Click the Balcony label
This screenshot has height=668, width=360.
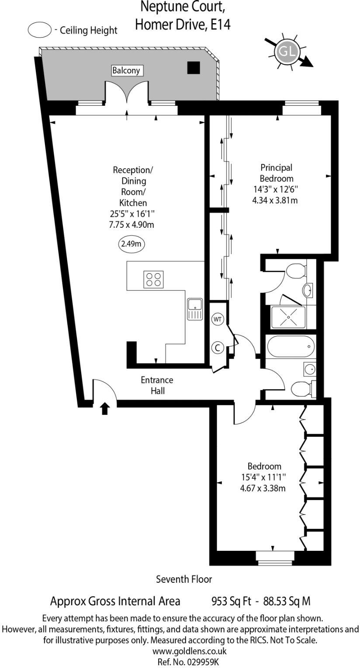tap(126, 70)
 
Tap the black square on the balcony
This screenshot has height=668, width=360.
tap(193, 67)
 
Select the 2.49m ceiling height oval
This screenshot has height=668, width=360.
tap(132, 244)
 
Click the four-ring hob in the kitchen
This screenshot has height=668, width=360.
tap(153, 279)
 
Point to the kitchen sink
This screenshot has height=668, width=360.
tap(195, 309)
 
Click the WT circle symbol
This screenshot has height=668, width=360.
tap(218, 320)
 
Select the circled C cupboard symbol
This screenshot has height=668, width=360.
tap(218, 348)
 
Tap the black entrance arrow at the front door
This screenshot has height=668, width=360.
tap(104, 408)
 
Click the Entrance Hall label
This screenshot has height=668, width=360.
tap(157, 385)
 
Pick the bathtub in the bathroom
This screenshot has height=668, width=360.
tap(291, 347)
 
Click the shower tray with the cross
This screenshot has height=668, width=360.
tap(288, 317)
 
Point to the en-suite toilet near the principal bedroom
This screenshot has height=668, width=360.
tap(296, 271)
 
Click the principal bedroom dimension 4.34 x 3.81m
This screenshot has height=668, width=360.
tap(275, 200)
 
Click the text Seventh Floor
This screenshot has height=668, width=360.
tap(184, 579)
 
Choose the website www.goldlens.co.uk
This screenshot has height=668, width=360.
tap(189, 651)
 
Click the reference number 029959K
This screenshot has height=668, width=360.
tap(202, 662)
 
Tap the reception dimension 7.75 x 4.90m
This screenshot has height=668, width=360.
tap(132, 224)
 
